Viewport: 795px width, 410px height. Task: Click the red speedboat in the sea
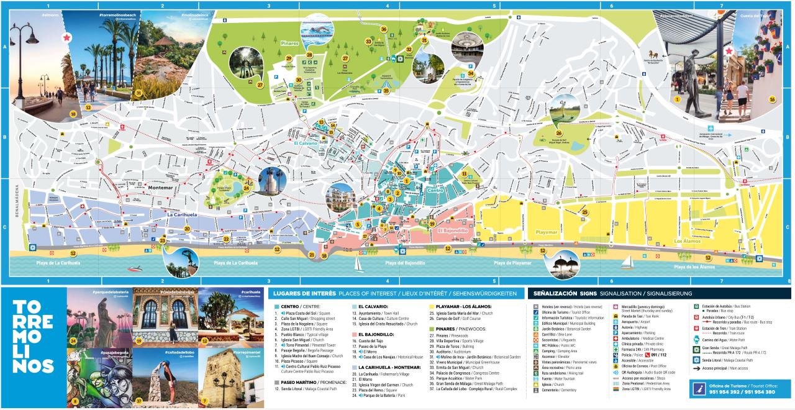[134, 268]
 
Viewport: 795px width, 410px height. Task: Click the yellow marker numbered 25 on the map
[584, 212]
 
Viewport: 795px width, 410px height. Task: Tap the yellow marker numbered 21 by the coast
[312, 254]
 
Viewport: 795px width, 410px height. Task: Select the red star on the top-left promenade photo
[66, 38]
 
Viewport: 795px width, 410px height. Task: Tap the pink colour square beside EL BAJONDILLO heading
[354, 334]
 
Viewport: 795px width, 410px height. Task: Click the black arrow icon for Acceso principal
[698, 368]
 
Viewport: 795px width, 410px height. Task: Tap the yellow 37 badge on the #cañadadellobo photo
[139, 401]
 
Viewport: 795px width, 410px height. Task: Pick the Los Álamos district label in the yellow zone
[688, 240]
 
